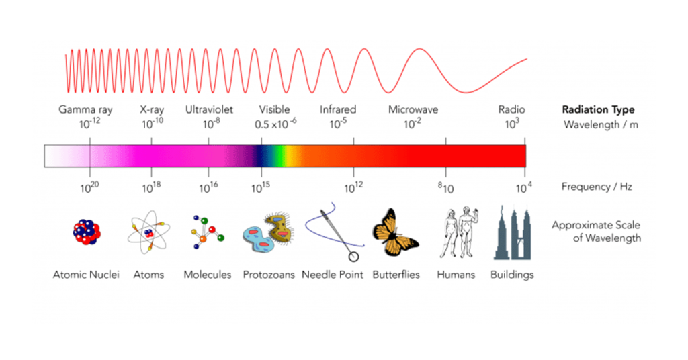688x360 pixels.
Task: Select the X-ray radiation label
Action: (x=153, y=109)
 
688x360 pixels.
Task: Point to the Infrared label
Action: (x=338, y=109)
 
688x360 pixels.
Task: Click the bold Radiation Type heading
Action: (x=598, y=110)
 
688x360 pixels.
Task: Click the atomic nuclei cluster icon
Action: (x=87, y=233)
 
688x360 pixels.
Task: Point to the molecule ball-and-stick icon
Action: (x=206, y=235)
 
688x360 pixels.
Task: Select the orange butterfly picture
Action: (x=394, y=234)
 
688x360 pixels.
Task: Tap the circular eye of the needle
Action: (x=353, y=255)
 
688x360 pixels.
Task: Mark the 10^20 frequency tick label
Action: (x=89, y=189)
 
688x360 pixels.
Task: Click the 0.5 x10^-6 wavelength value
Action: (x=275, y=124)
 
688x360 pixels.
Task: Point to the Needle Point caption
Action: (x=333, y=275)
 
